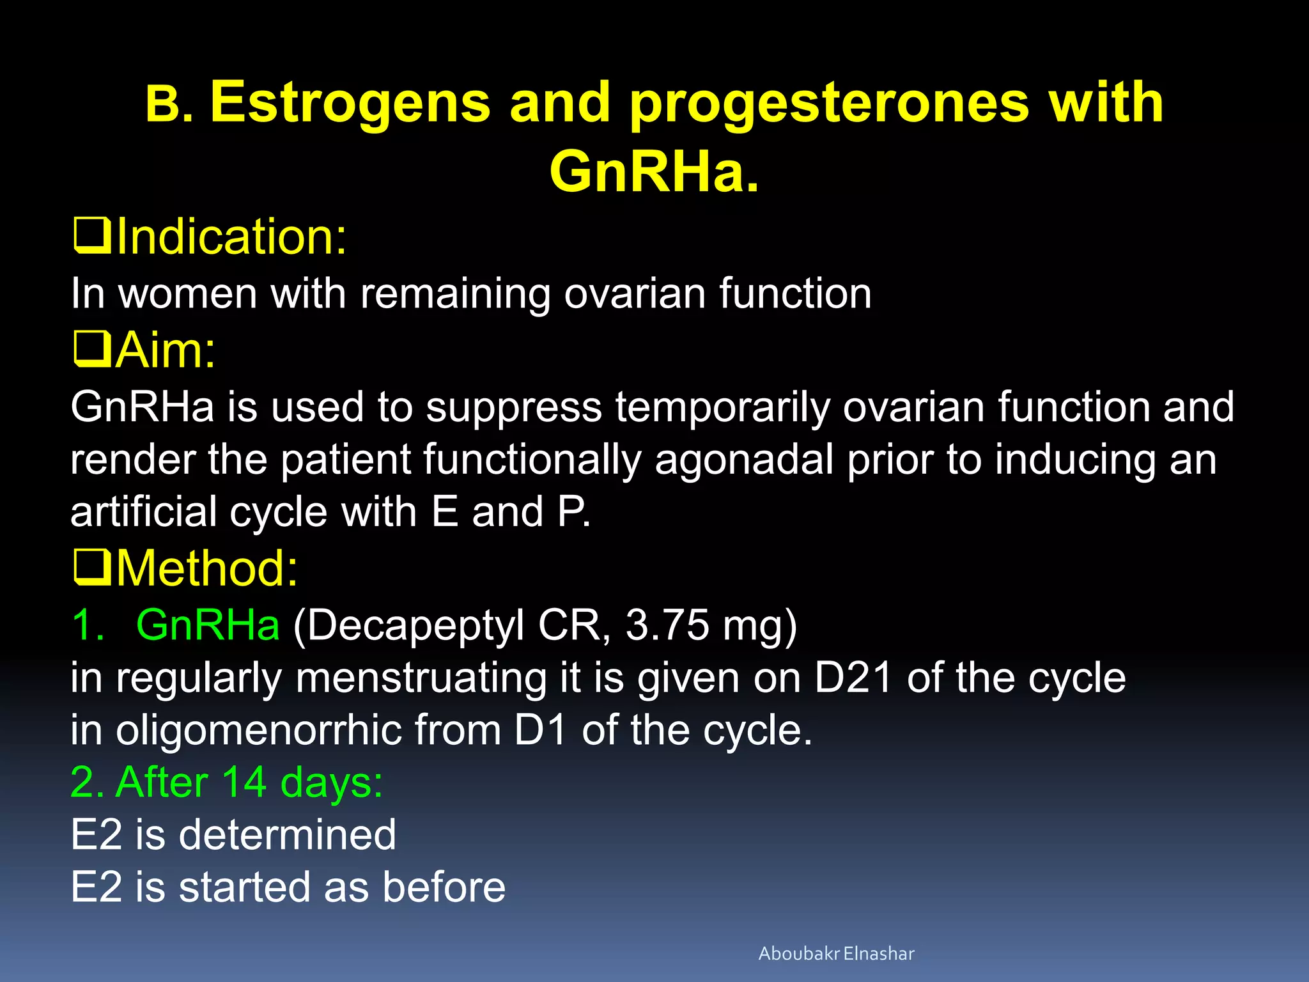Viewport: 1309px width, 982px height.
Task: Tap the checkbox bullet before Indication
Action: (x=92, y=236)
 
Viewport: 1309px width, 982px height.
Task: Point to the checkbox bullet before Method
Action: (x=92, y=568)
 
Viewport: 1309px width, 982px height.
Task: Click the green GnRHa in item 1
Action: (x=208, y=624)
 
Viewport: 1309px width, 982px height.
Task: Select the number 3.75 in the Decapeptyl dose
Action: (x=667, y=624)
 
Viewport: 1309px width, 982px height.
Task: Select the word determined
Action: (x=287, y=834)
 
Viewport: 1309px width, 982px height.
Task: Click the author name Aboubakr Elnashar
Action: (x=836, y=953)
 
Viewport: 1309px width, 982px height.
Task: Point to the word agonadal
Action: (x=743, y=460)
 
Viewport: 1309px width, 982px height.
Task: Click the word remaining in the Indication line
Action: (x=454, y=294)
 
